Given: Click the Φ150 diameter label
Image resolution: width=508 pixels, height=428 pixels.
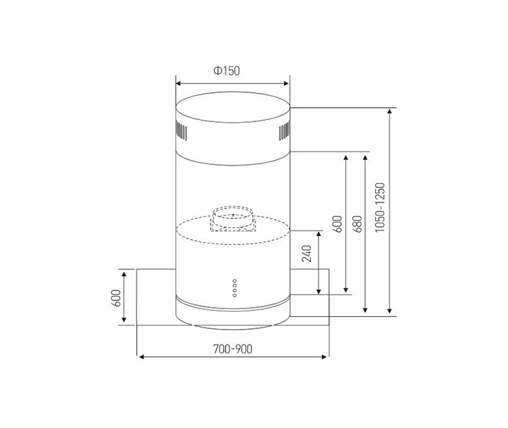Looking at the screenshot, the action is [226, 71].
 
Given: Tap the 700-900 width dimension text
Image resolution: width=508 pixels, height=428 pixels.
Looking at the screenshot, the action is [232, 349].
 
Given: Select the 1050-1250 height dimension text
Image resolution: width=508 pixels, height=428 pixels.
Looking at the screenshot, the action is [380, 207].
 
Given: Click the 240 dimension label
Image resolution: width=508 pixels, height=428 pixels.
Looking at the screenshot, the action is [306, 254].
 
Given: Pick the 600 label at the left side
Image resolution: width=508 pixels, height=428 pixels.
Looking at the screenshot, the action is [116, 298].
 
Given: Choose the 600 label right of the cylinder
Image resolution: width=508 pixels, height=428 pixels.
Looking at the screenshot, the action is [337, 224].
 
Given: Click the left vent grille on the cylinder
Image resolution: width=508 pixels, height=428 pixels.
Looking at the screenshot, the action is [182, 130].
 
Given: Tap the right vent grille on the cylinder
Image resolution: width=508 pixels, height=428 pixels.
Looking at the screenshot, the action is [284, 130].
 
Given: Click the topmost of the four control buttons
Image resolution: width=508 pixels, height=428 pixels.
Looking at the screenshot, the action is [234, 280].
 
